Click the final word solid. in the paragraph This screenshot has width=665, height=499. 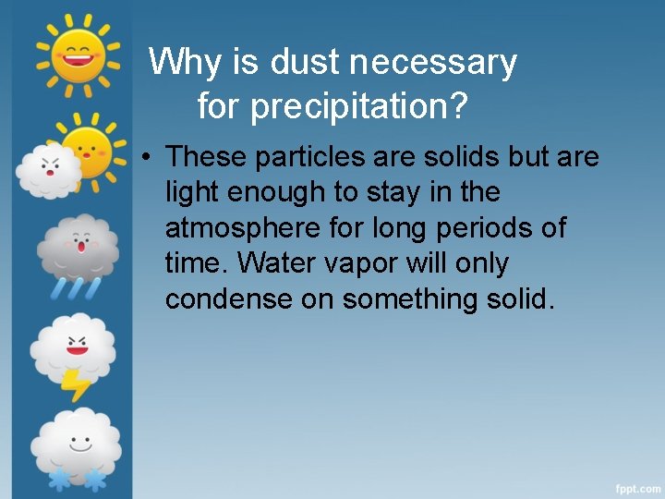518,299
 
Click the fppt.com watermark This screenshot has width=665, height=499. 637,486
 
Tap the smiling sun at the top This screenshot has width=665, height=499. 78,53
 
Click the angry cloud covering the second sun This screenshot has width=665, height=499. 49,172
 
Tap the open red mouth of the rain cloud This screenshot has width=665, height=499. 81,247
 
